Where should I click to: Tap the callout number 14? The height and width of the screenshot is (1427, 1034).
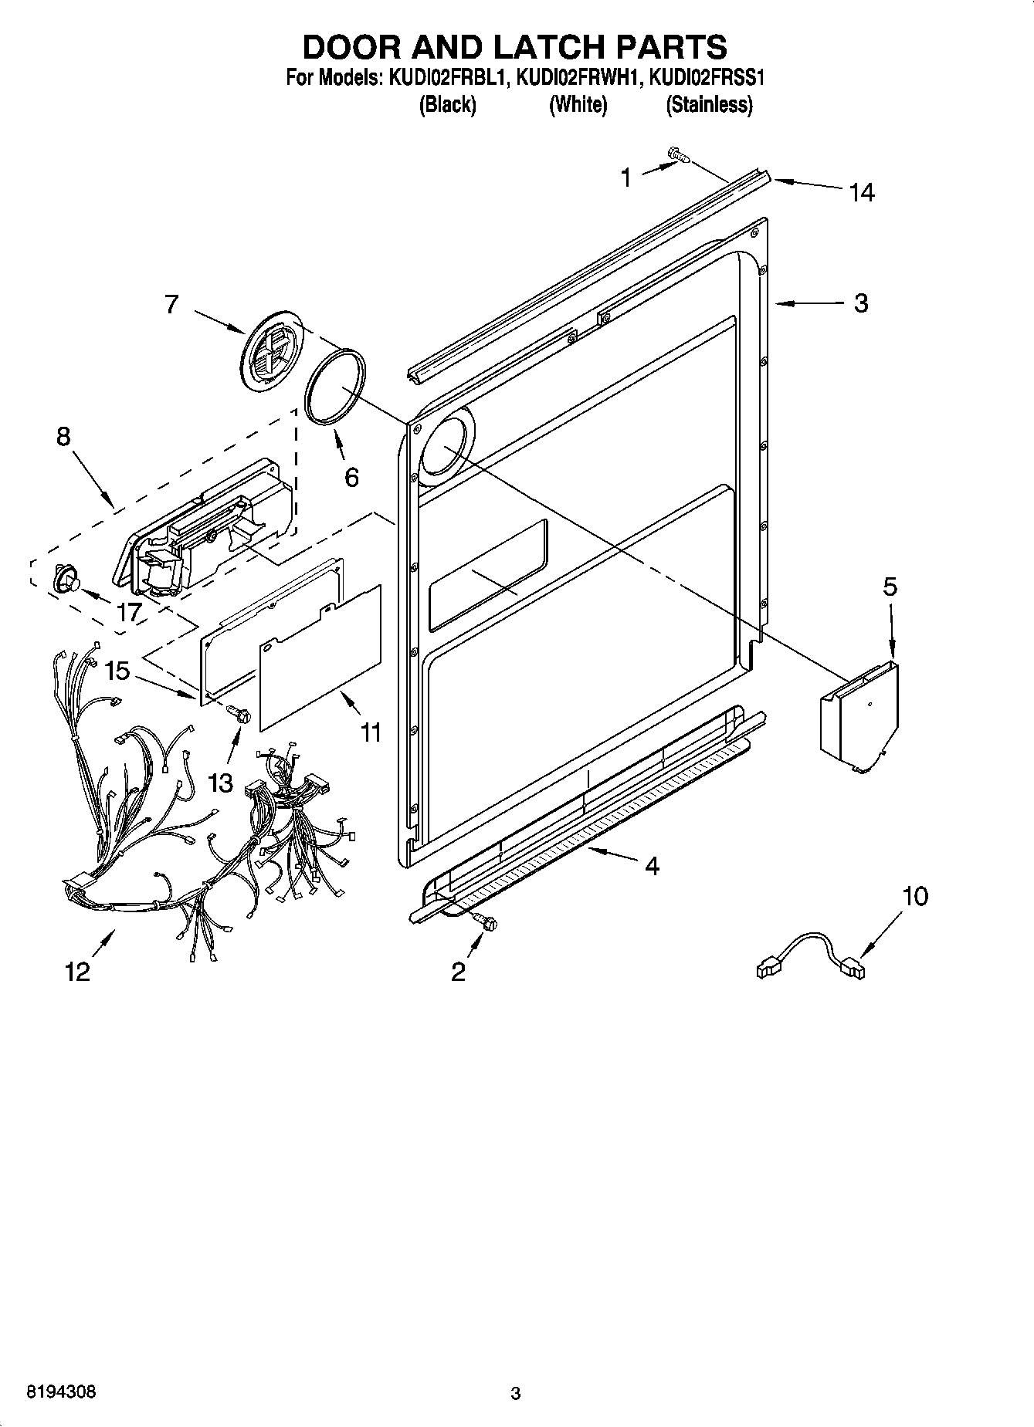[x=862, y=192]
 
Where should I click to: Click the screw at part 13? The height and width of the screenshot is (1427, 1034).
[x=240, y=715]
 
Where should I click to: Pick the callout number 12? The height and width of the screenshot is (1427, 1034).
[x=78, y=971]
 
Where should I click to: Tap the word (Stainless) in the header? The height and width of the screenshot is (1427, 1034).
[x=708, y=104]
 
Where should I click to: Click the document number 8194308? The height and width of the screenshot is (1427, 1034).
[x=62, y=1392]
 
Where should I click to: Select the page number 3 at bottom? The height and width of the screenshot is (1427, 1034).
[x=516, y=1393]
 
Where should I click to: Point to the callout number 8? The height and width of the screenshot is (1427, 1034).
[x=63, y=437]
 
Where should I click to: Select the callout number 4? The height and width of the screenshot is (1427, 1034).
[x=652, y=866]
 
